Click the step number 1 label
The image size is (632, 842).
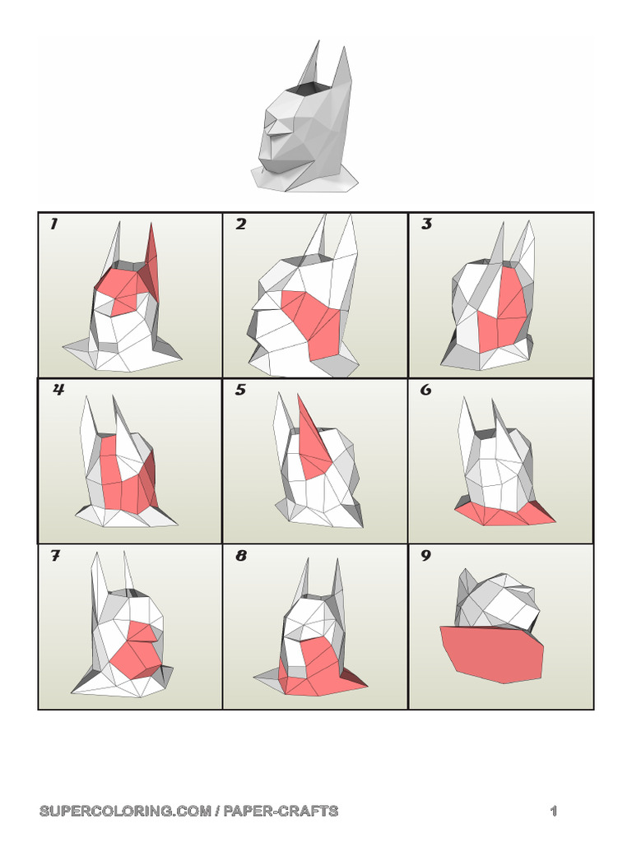[x=53, y=224]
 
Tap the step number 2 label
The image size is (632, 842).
[x=240, y=224]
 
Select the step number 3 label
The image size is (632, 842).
[x=426, y=224]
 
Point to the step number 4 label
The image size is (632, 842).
[x=58, y=389]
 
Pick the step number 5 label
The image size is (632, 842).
[x=240, y=389]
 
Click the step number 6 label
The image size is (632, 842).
[x=425, y=389]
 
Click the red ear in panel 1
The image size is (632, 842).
[x=151, y=257]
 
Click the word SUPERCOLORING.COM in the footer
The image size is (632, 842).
[x=125, y=811]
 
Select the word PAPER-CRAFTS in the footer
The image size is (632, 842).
[x=281, y=811]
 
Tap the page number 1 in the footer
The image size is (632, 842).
[x=554, y=811]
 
